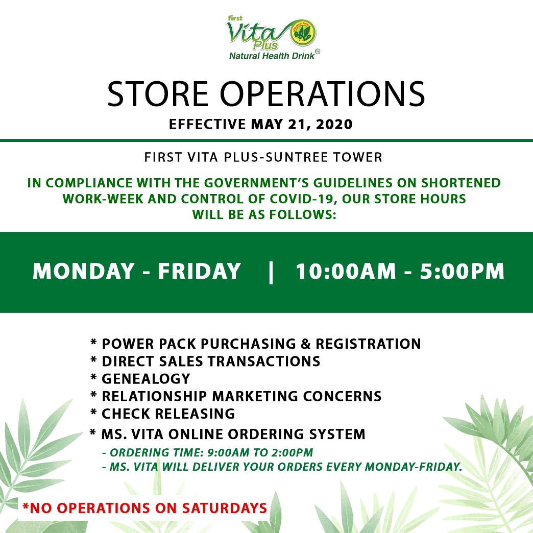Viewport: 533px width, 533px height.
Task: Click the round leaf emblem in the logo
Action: [302, 33]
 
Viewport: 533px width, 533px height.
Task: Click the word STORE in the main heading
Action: [158, 94]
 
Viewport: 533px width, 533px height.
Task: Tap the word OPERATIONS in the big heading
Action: [323, 94]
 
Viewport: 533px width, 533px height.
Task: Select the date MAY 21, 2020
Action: [302, 125]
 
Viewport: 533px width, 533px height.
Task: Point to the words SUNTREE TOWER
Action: [323, 157]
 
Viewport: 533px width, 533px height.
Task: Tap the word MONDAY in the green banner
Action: [84, 271]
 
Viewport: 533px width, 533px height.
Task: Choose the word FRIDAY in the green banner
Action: [200, 271]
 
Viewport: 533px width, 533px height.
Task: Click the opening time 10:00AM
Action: [346, 272]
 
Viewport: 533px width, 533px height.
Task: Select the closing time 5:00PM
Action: [463, 272]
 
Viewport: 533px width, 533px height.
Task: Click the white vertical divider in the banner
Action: [271, 272]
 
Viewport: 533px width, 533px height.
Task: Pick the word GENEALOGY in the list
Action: [146, 379]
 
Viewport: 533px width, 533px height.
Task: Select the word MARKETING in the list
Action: [255, 396]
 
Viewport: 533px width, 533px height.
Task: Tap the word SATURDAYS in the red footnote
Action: [224, 508]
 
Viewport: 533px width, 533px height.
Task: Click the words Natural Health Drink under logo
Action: [272, 56]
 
